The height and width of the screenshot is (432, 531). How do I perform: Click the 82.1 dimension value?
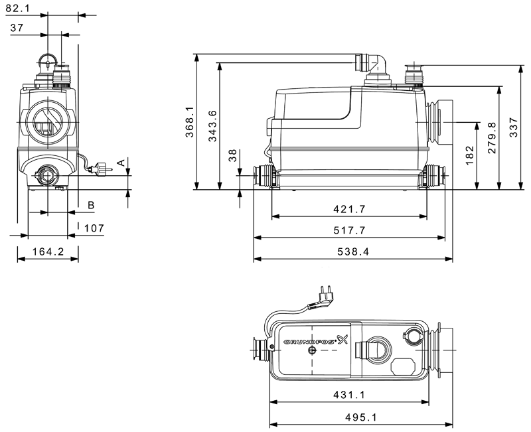pyautogui.click(x=18, y=8)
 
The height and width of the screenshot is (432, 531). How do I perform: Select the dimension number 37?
pyautogui.click(x=17, y=27)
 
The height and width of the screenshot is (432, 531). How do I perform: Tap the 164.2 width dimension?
pyautogui.click(x=48, y=252)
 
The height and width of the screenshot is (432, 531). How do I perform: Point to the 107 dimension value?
pyautogui.click(x=94, y=228)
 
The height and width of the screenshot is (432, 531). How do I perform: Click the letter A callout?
pyautogui.click(x=121, y=163)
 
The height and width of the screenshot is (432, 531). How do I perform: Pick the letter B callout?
pyautogui.click(x=91, y=205)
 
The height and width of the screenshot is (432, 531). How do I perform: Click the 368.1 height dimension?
pyautogui.click(x=190, y=122)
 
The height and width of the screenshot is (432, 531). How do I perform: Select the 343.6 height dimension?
pyautogui.click(x=212, y=126)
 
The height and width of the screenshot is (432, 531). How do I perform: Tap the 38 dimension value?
pyautogui.click(x=233, y=156)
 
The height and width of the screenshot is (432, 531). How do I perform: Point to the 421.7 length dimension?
pyautogui.click(x=350, y=209)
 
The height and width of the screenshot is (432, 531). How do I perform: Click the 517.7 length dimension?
pyautogui.click(x=350, y=230)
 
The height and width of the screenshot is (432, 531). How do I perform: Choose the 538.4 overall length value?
pyautogui.click(x=353, y=252)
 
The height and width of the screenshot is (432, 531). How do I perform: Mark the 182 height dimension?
pyautogui.click(x=470, y=155)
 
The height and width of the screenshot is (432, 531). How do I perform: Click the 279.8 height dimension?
pyautogui.click(x=492, y=138)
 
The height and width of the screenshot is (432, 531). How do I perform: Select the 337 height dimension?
pyautogui.click(x=514, y=127)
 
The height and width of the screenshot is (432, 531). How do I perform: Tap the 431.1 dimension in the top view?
pyautogui.click(x=349, y=395)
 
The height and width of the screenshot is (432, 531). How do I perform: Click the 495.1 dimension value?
pyautogui.click(x=361, y=417)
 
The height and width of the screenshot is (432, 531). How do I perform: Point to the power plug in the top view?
pyautogui.click(x=323, y=295)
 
